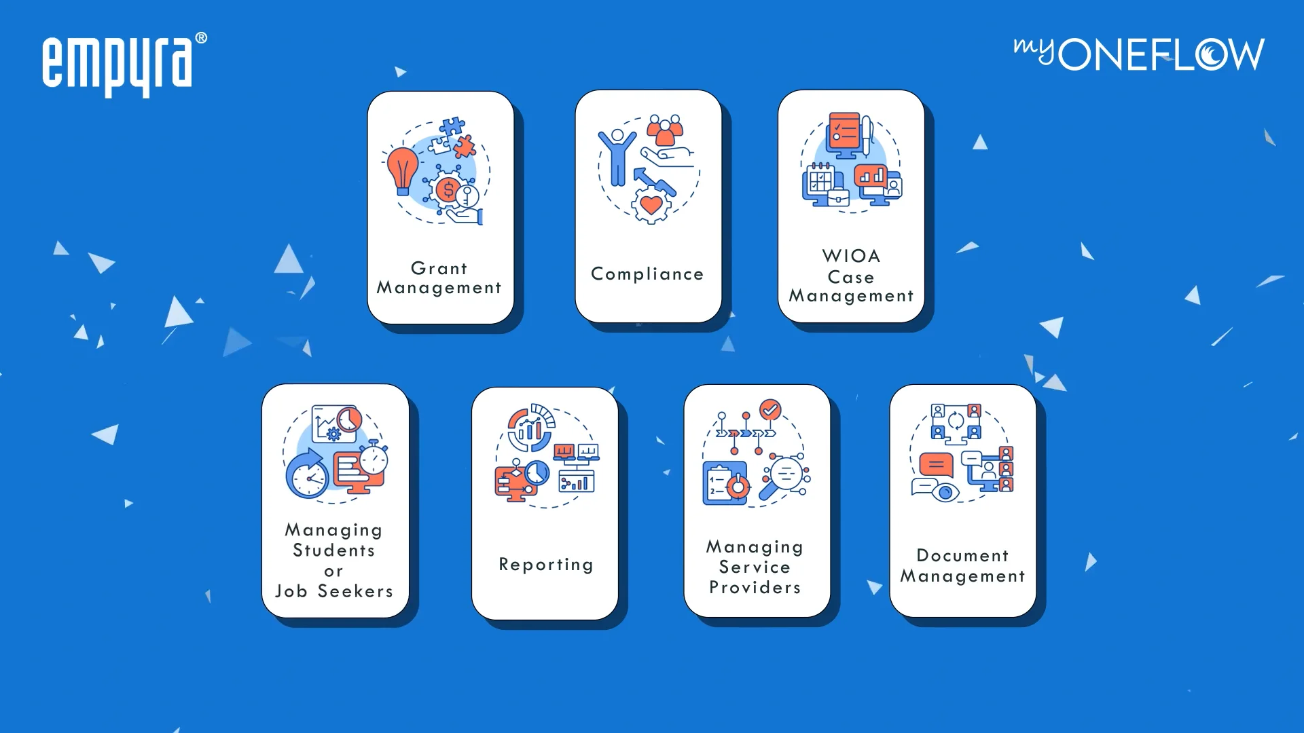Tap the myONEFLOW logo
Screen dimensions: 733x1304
(x=1139, y=54)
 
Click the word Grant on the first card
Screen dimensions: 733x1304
(x=439, y=268)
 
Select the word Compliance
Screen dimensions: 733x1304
(x=647, y=274)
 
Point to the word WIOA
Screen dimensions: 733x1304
(x=851, y=256)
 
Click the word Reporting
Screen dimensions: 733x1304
(x=546, y=565)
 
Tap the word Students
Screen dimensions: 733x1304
(x=333, y=550)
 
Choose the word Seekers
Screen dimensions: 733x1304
(x=355, y=591)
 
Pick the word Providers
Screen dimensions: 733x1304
(x=755, y=587)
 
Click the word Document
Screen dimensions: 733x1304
(x=962, y=555)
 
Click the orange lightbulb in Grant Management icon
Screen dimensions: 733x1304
(x=402, y=170)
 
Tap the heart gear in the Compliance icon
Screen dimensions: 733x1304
(x=651, y=204)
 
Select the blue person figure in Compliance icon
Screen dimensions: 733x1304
(x=617, y=156)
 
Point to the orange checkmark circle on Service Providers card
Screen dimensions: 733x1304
(x=769, y=409)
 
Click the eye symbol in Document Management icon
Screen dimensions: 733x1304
(x=945, y=491)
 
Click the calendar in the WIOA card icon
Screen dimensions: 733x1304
(x=820, y=180)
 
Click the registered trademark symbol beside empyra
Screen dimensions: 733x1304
(x=201, y=39)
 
